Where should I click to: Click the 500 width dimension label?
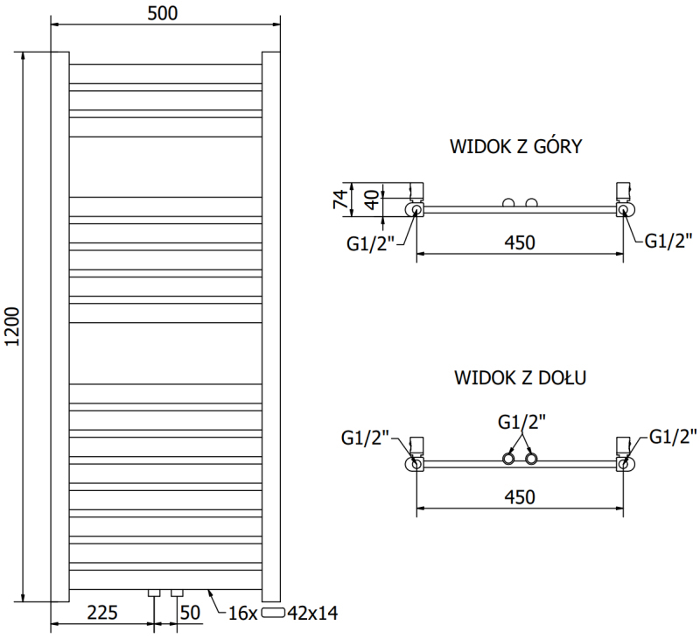163,13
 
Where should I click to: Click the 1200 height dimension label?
12,327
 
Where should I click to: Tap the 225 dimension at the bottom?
102,613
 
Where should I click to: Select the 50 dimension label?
190,613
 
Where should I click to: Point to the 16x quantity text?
243,613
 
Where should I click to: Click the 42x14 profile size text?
312,613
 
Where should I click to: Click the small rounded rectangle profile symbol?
273,613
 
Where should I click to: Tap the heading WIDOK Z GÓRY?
515,146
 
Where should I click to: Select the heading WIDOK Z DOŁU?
520,377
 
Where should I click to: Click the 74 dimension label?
339,200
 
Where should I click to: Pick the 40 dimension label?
372,200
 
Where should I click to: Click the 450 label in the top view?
520,242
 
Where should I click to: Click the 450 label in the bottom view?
520,496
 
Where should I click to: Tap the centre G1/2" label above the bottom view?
521,422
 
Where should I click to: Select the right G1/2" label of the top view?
668,241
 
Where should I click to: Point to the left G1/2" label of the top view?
370,244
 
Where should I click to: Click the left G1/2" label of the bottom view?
365,438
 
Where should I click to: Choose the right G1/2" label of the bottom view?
673,436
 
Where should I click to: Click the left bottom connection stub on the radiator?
154,593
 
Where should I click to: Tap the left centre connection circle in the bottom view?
508,459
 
